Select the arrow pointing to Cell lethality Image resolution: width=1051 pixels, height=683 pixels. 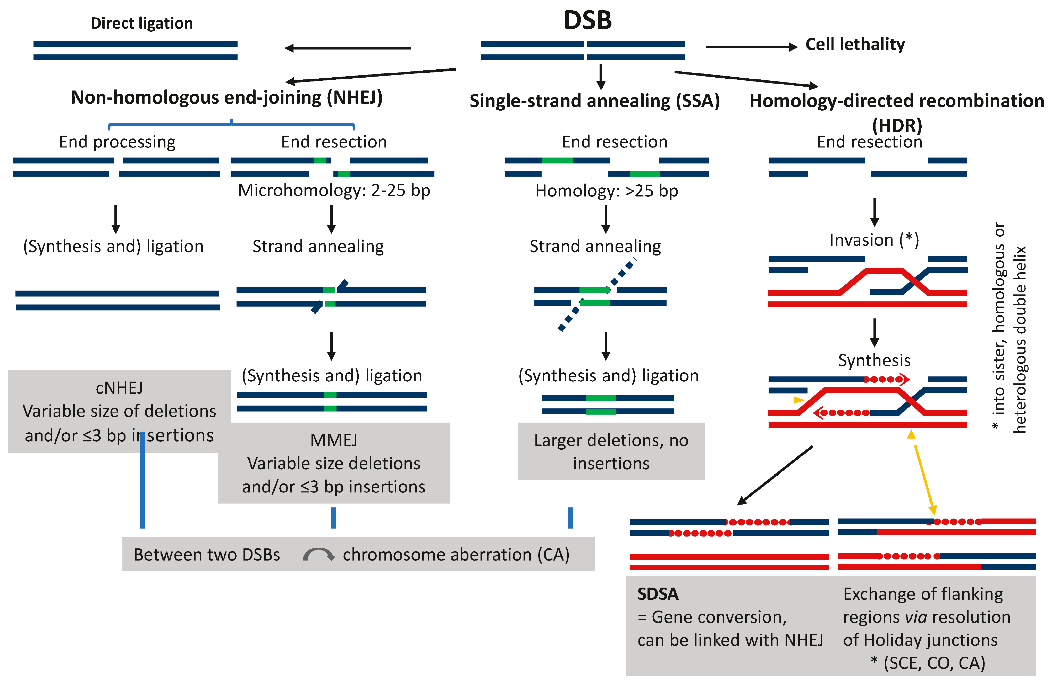pyautogui.click(x=751, y=47)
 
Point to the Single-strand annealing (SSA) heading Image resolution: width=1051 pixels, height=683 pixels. pyautogui.click(x=594, y=101)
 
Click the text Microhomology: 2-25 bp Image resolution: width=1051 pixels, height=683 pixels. pyautogui.click(x=334, y=190)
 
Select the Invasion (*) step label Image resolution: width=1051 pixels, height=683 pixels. pyautogui.click(x=874, y=240)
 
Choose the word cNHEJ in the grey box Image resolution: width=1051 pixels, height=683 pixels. pyautogui.click(x=119, y=388)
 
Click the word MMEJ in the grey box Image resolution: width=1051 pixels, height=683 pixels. pyautogui.click(x=334, y=440)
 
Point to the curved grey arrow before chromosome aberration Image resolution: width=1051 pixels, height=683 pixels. pyautogui.click(x=318, y=554)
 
